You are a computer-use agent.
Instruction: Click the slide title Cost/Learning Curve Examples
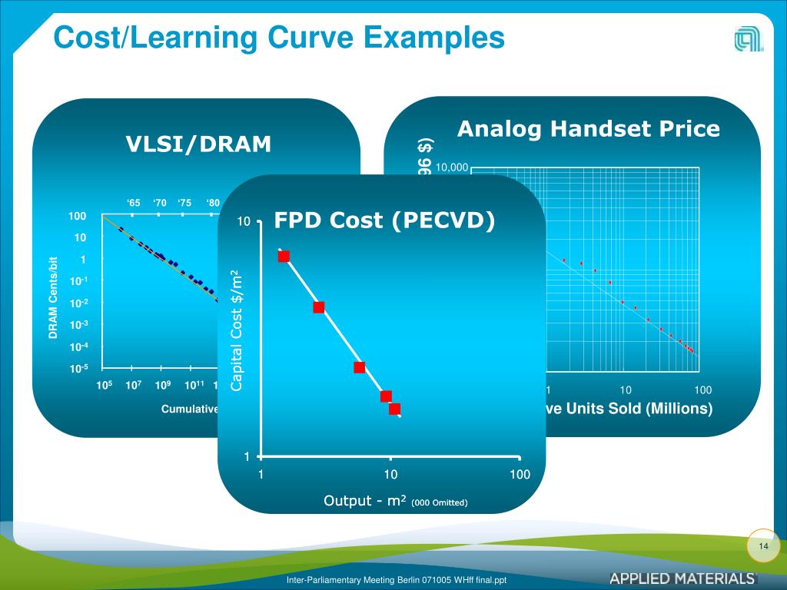[x=278, y=36]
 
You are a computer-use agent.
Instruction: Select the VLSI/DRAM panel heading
[x=198, y=144]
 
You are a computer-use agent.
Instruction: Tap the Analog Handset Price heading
[x=589, y=129]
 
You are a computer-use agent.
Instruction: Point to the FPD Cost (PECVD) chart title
[x=384, y=220]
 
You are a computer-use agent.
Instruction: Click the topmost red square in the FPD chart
[x=284, y=256]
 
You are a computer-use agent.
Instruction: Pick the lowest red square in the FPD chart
[x=394, y=409]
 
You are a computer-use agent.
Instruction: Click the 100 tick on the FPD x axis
[x=520, y=474]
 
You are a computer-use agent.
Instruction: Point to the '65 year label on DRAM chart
[x=134, y=204]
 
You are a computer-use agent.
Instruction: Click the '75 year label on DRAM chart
[x=184, y=204]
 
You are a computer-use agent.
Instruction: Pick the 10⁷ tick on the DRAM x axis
[x=133, y=385]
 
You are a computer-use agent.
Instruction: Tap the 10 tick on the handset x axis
[x=625, y=390]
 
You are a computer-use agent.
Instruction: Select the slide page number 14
[x=763, y=545]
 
